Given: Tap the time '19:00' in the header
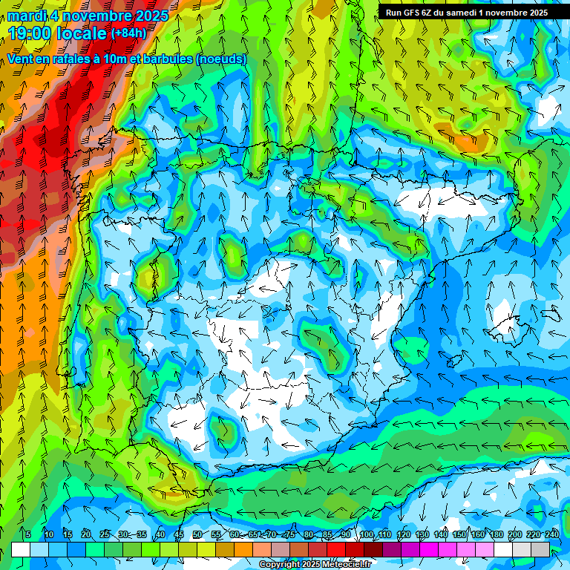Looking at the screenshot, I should coord(32,33).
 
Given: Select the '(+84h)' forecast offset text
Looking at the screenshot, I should coord(128,33).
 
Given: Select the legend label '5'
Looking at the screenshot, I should coord(28,534).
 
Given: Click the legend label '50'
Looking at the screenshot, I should coord(197,534).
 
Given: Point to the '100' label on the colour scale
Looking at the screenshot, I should coord(367,534).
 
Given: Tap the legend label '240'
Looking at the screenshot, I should coord(552,534).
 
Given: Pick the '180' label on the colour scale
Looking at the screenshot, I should coord(496,534).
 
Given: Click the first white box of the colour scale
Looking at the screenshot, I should coord(21,549).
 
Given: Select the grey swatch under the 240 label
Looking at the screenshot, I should coord(540,549).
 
